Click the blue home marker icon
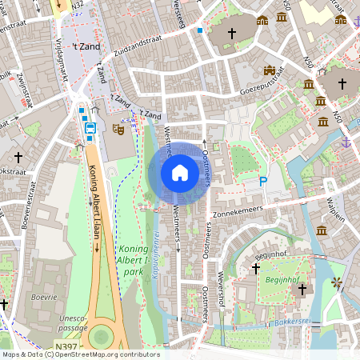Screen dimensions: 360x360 pyautogui.click(x=180, y=172)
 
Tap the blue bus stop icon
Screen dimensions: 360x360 pyautogui.click(x=90, y=128)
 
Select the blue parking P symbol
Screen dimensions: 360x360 pyautogui.click(x=262, y=182)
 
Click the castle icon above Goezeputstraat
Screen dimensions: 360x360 pyautogui.click(x=270, y=70)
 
